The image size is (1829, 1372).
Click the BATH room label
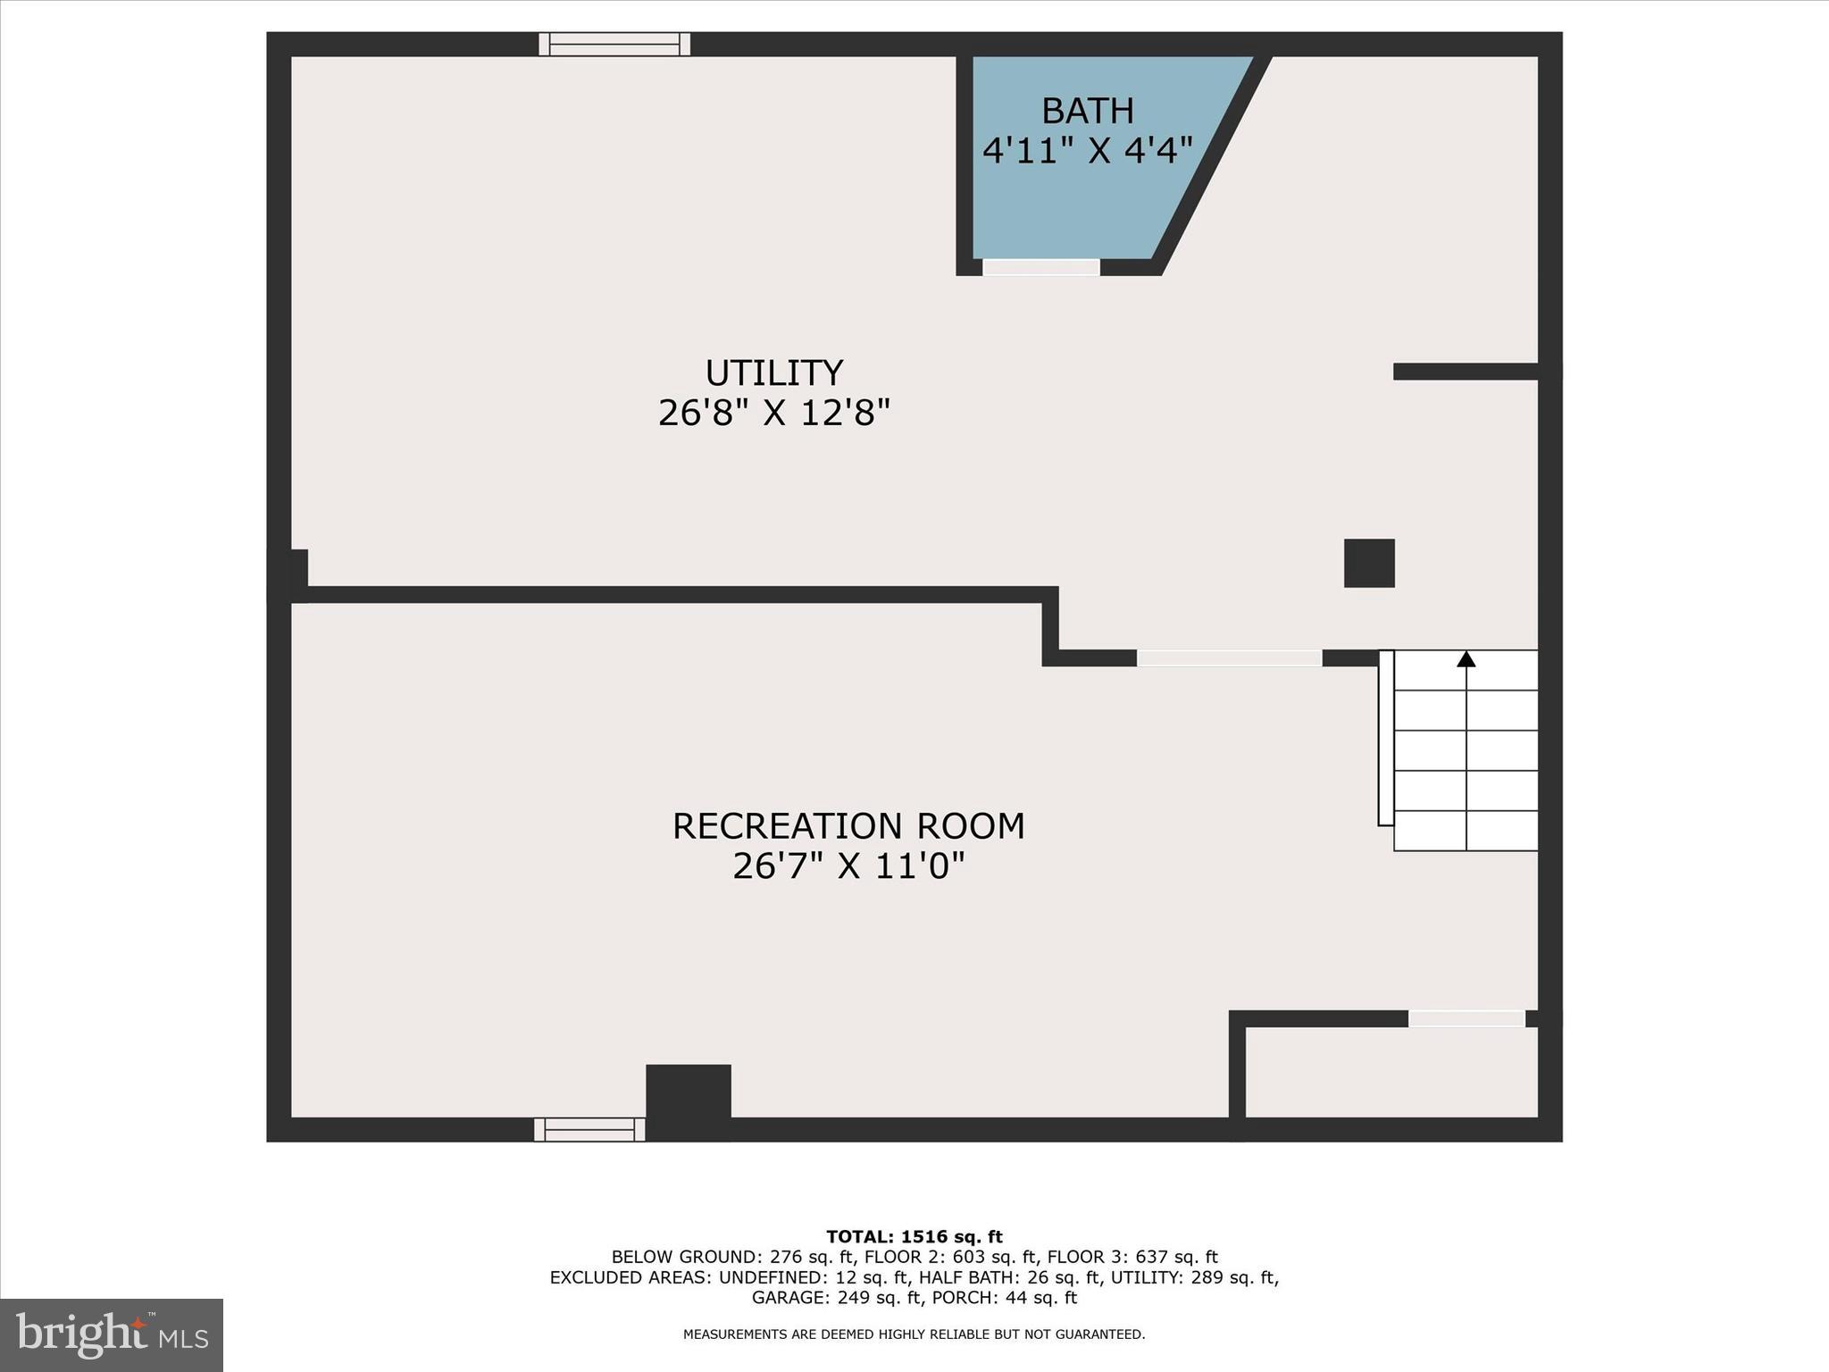pyautogui.click(x=1087, y=112)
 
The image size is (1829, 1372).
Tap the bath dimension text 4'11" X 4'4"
pyautogui.click(x=1087, y=150)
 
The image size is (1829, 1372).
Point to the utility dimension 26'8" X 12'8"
pyautogui.click(x=773, y=414)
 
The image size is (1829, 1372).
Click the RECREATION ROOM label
pyautogui.click(x=848, y=826)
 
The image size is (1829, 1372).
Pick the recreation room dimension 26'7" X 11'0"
pyautogui.click(x=848, y=866)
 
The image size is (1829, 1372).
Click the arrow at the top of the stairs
pyautogui.click(x=1466, y=659)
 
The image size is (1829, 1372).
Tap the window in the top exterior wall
pyautogui.click(x=614, y=44)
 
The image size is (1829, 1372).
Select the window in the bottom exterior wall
pyautogui.click(x=589, y=1129)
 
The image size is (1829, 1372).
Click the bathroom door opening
pyautogui.click(x=1040, y=267)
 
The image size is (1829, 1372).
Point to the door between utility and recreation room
pyautogui.click(x=1229, y=658)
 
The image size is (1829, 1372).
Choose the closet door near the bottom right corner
pyautogui.click(x=1466, y=1018)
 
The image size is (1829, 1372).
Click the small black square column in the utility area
pyautogui.click(x=1369, y=563)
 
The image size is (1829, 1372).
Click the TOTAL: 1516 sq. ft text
pyautogui.click(x=914, y=1237)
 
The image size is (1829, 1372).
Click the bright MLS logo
pyautogui.click(x=112, y=1335)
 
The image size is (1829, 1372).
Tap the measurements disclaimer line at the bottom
pyautogui.click(x=914, y=1334)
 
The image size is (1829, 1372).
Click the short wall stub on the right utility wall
pyautogui.click(x=1465, y=372)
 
